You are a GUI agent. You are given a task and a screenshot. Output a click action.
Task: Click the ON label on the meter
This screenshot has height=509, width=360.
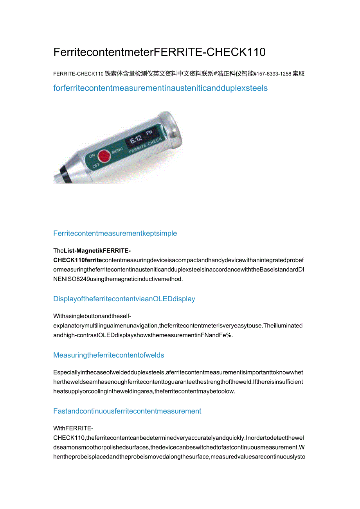click(92, 156)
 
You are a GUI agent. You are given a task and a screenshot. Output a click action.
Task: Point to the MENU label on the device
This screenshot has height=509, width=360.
click(117, 150)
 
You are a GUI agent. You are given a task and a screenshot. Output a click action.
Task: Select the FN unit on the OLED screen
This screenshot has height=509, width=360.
click(149, 133)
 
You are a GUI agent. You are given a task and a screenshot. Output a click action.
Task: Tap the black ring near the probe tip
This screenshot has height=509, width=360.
click(62, 171)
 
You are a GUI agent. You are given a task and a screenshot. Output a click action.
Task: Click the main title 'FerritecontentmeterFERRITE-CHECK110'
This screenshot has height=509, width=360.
click(159, 52)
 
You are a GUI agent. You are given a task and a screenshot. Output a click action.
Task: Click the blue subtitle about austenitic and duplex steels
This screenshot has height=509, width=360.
click(160, 88)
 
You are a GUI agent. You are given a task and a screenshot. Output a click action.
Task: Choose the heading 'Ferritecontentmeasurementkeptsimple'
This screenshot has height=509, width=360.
click(115, 234)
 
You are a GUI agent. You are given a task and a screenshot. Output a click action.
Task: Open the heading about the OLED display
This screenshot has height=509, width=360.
click(124, 299)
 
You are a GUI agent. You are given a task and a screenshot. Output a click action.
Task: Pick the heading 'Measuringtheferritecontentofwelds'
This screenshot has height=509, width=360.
click(109, 355)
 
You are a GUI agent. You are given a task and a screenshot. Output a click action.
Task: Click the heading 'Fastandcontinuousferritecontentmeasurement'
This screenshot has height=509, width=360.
click(127, 411)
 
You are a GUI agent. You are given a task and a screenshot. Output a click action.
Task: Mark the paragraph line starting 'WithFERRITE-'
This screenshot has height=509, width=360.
click(73, 428)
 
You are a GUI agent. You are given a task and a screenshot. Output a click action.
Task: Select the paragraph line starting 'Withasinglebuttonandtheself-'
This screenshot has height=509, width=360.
click(92, 316)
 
